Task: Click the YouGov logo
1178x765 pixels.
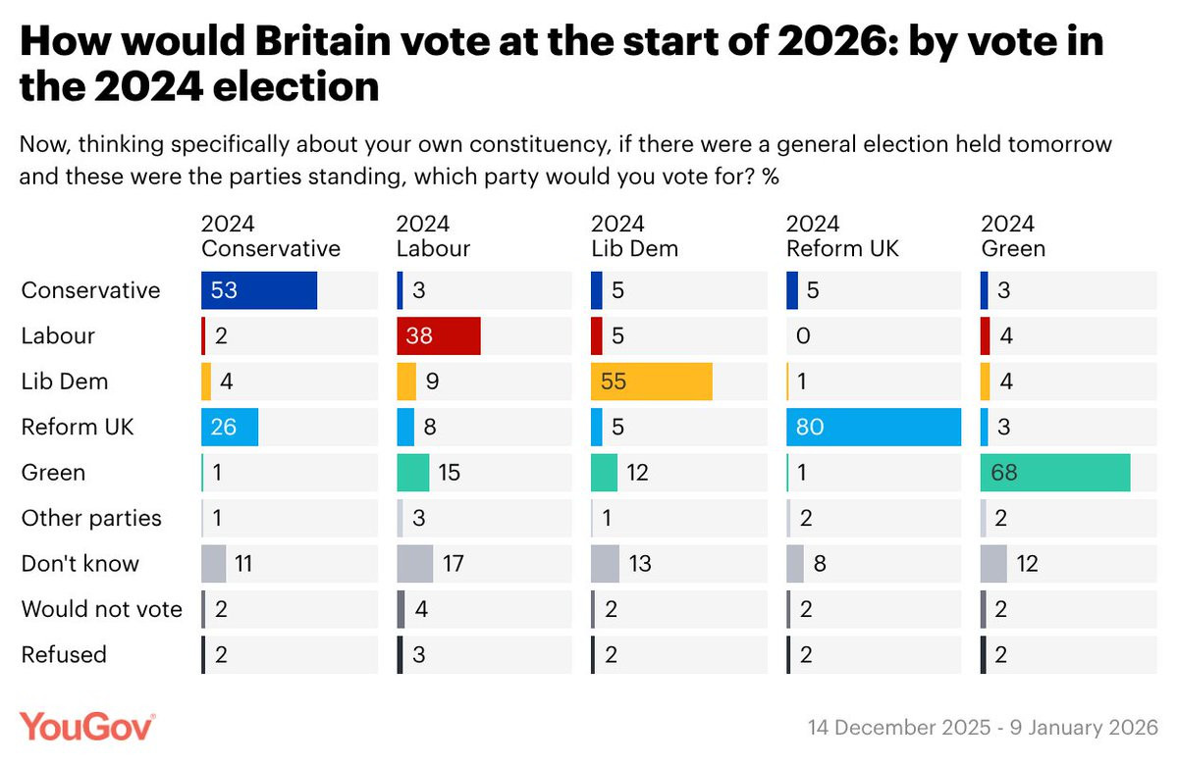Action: pyautogui.click(x=88, y=727)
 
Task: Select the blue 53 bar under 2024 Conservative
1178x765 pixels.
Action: pyautogui.click(x=259, y=290)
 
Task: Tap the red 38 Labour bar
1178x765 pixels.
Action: pyautogui.click(x=438, y=335)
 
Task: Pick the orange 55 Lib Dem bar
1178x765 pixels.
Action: pyautogui.click(x=651, y=382)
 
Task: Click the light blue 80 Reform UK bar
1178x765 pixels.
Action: pyautogui.click(x=874, y=427)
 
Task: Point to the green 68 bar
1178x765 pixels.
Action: pyautogui.click(x=1055, y=473)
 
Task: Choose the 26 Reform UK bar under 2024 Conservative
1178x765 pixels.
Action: pyautogui.click(x=230, y=427)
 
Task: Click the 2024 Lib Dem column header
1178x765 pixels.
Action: pyautogui.click(x=634, y=236)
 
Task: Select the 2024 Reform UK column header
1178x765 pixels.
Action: pyautogui.click(x=842, y=236)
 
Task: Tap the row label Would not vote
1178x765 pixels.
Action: pyautogui.click(x=102, y=609)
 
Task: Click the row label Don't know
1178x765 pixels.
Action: pyautogui.click(x=80, y=564)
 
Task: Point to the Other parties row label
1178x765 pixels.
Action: pyautogui.click(x=91, y=518)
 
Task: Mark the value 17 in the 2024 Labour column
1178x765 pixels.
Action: pyautogui.click(x=452, y=564)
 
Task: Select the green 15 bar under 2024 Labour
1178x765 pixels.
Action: pyautogui.click(x=412, y=473)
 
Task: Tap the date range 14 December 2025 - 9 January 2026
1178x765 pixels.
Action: pyautogui.click(x=983, y=728)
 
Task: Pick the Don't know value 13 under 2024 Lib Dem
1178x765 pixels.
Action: pyautogui.click(x=637, y=564)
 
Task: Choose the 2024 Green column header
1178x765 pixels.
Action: pyautogui.click(x=1013, y=236)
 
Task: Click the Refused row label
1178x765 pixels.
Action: pyautogui.click(x=64, y=654)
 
